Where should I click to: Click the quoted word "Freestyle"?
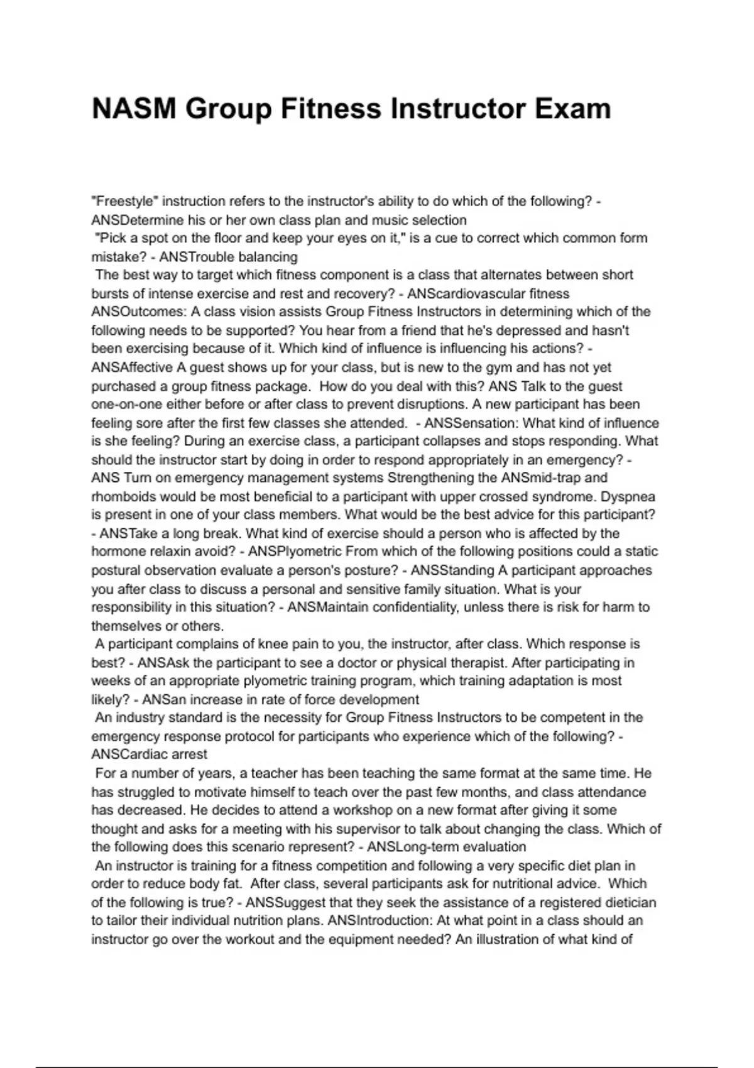[x=124, y=201]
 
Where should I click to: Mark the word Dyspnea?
[x=628, y=496]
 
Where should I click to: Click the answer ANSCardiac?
[x=131, y=755]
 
